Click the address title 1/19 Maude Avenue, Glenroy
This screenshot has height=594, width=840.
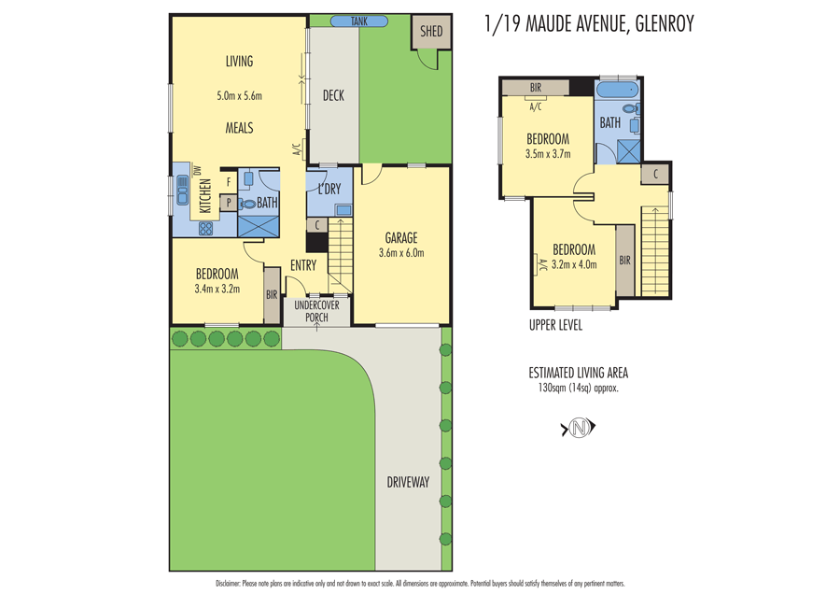point(589,24)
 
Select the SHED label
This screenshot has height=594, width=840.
point(431,32)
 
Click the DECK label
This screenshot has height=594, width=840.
point(333,95)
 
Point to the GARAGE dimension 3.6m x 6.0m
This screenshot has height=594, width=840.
point(401,253)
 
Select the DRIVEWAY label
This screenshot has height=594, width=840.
point(408,482)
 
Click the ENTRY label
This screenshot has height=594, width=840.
point(303,265)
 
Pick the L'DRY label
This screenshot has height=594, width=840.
point(329,190)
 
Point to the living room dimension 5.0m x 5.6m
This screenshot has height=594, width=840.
point(239,95)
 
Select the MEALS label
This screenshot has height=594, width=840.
point(239,128)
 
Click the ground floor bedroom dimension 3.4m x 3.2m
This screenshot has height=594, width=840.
point(217,289)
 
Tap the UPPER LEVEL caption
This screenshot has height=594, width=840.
point(555,325)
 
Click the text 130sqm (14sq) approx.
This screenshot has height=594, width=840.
point(579,388)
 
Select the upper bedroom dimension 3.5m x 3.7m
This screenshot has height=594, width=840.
point(548,154)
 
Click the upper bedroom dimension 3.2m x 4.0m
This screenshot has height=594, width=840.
point(574,264)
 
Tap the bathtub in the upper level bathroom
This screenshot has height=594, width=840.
point(616,92)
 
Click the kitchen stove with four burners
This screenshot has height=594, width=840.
point(205,228)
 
